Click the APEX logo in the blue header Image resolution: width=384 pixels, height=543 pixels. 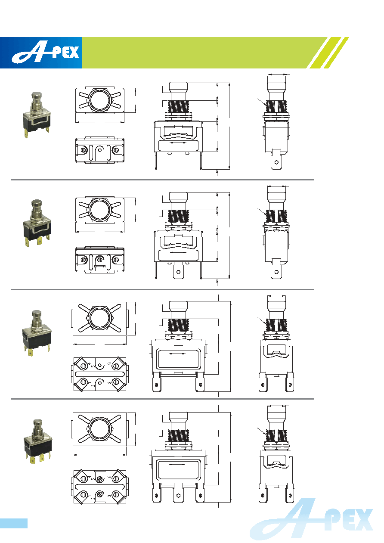click(46, 53)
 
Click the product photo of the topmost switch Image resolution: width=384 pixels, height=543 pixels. click(37, 115)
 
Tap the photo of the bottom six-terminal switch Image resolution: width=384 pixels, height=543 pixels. click(38, 442)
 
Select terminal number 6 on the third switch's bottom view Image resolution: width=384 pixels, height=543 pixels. click(109, 363)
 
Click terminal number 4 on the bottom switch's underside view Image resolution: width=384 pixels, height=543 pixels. click(90, 477)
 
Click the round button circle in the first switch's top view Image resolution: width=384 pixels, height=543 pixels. click(99, 100)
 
